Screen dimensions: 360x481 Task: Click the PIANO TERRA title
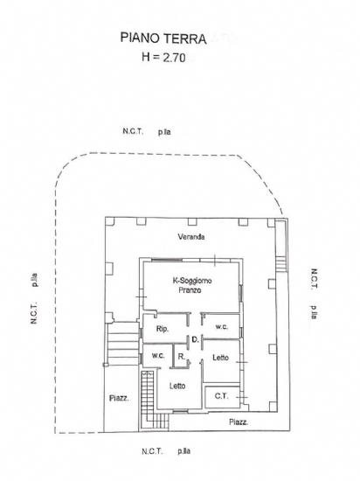tap(163, 38)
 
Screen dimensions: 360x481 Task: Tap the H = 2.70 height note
tap(163, 57)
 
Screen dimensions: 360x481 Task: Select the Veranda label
tap(191, 237)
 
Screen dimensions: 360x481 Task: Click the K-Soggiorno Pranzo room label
tap(192, 285)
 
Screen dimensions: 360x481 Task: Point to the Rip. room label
tap(163, 329)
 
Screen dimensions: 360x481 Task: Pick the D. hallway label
tap(196, 339)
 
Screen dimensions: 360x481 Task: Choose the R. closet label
tap(182, 357)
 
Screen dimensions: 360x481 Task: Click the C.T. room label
tap(222, 396)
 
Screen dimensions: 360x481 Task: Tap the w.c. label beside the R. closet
tap(158, 356)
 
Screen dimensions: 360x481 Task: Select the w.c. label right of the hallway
tap(221, 327)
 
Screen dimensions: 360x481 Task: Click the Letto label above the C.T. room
tap(220, 358)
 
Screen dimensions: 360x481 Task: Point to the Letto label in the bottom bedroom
tap(177, 386)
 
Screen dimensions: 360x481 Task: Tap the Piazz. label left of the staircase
tap(119, 399)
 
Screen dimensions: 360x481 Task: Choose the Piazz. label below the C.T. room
tap(239, 422)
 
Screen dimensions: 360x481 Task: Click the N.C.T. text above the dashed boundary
tap(133, 131)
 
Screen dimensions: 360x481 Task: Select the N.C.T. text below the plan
tap(152, 451)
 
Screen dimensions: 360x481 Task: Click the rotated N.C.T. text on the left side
tap(34, 313)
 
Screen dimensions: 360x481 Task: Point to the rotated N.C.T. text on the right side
tap(315, 279)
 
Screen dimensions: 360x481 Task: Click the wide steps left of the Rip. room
tap(123, 344)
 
